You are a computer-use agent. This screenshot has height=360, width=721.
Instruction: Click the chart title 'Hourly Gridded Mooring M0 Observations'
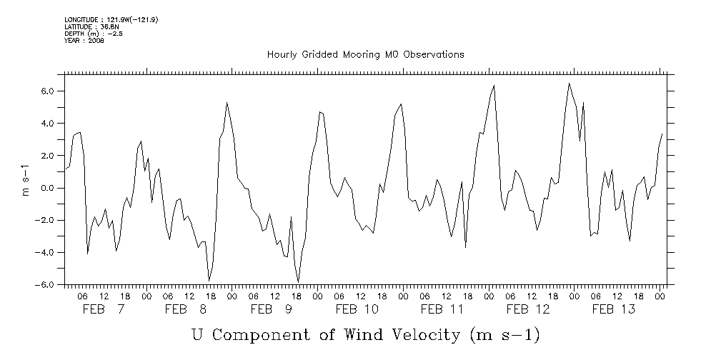click(365, 54)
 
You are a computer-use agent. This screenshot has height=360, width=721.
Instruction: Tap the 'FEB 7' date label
click(103, 309)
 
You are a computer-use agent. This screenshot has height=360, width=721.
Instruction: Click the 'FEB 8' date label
click(185, 309)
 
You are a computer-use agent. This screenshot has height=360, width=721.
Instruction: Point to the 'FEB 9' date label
click(271, 309)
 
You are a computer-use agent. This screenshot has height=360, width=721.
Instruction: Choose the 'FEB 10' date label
click(357, 309)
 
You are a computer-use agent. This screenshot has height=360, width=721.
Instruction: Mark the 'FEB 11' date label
click(442, 309)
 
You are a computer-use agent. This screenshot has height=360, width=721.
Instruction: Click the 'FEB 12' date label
click(528, 309)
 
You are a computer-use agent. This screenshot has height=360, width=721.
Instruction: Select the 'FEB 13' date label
click(614, 309)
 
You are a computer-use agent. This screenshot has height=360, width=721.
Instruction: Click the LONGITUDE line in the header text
click(111, 19)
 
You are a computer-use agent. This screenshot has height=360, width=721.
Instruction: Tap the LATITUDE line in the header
click(91, 26)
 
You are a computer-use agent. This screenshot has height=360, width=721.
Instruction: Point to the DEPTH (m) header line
click(94, 34)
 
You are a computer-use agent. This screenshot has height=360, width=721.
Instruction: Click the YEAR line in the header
click(84, 41)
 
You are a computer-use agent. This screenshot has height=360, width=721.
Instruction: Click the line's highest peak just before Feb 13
click(570, 84)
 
